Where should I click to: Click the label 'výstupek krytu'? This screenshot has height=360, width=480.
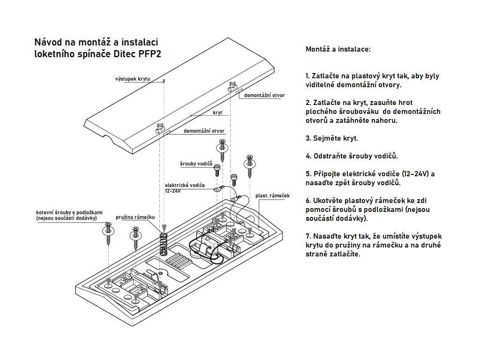(x=133, y=79)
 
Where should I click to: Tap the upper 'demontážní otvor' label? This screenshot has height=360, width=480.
(x=264, y=95)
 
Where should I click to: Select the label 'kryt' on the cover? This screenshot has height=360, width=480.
(x=217, y=113)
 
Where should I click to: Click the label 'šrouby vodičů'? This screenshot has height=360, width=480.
(x=196, y=164)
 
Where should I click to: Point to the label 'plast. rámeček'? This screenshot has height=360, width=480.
(x=273, y=195)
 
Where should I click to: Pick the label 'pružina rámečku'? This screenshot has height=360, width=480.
(x=135, y=217)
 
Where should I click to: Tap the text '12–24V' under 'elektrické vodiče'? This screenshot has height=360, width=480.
(x=172, y=191)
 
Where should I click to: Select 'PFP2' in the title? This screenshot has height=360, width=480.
(x=150, y=53)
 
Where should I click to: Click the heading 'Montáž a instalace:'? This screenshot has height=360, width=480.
(x=338, y=49)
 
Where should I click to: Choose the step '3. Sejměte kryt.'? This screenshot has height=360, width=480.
(x=331, y=138)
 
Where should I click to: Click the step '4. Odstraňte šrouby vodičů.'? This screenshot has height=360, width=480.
(x=352, y=156)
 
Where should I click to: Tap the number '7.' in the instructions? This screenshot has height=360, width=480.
(x=308, y=236)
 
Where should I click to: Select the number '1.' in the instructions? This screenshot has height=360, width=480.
(x=307, y=76)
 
